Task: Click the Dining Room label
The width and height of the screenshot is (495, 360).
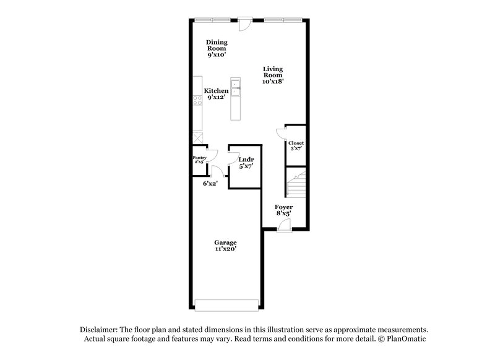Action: (x=217, y=45)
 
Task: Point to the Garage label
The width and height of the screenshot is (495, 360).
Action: (x=225, y=242)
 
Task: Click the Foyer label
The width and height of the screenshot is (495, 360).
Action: (x=283, y=207)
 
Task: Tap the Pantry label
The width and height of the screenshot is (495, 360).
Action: (x=199, y=158)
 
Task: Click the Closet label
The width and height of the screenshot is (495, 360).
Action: (x=296, y=143)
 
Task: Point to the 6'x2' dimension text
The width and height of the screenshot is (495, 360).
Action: (x=210, y=183)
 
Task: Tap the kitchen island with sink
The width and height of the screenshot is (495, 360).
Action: (x=235, y=98)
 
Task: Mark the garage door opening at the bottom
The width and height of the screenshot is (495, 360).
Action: (x=226, y=304)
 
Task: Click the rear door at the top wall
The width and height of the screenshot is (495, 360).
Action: (x=244, y=24)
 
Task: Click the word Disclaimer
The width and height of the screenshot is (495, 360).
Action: (x=99, y=330)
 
